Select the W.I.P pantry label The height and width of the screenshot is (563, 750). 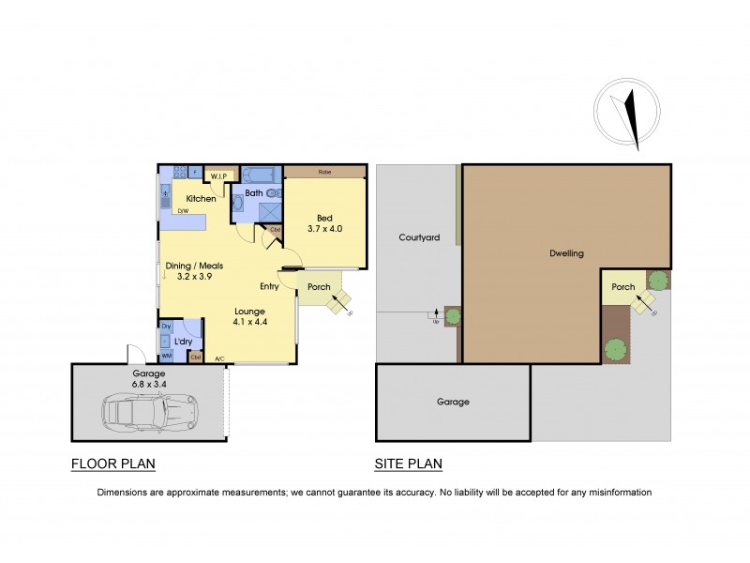(219, 176)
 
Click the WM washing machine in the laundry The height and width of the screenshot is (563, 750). (167, 356)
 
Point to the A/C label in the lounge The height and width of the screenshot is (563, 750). (219, 359)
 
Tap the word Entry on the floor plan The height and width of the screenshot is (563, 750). (271, 286)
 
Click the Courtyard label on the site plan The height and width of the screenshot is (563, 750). (418, 238)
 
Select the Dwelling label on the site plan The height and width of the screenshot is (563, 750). (565, 253)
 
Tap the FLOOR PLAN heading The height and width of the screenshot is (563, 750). (112, 464)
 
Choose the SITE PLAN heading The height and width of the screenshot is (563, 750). (408, 464)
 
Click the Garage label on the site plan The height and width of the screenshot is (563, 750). (452, 402)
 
